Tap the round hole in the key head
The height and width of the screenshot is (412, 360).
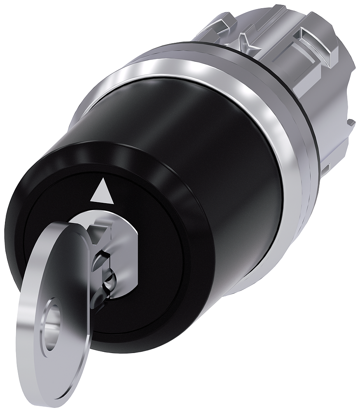[x=52, y=325]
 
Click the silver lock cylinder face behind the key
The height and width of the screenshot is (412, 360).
[x=124, y=255]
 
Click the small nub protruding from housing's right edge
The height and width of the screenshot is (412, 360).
[x=351, y=122]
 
